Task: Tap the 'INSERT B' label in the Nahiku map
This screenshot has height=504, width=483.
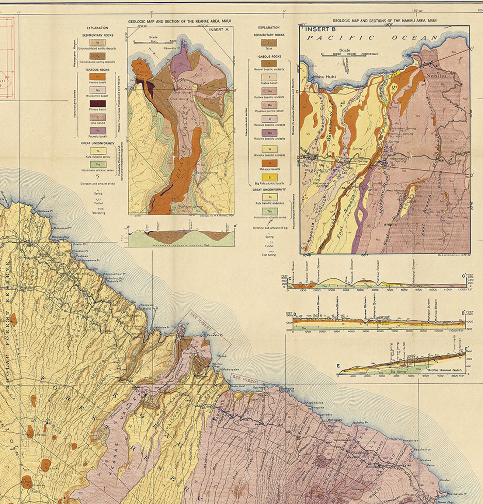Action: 317,30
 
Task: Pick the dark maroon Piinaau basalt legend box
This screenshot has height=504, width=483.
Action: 98,104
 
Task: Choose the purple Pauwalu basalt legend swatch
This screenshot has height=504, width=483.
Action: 98,131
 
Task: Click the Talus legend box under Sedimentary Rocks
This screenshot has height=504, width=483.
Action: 269,43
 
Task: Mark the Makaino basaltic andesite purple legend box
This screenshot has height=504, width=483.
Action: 269,133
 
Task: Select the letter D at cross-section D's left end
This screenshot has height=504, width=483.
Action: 287,313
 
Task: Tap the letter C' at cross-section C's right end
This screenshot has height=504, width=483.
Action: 464,276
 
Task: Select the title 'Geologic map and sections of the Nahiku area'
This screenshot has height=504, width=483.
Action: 384,21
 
